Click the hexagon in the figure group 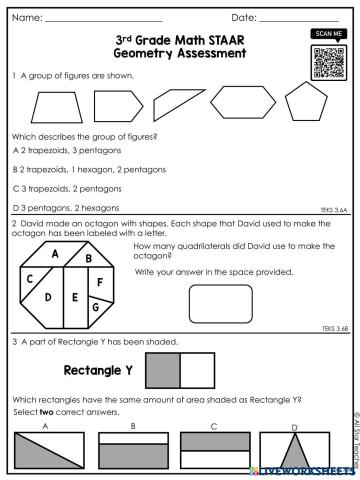pos(239,101)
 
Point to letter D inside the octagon pos(48,297)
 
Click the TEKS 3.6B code pos(334,327)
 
